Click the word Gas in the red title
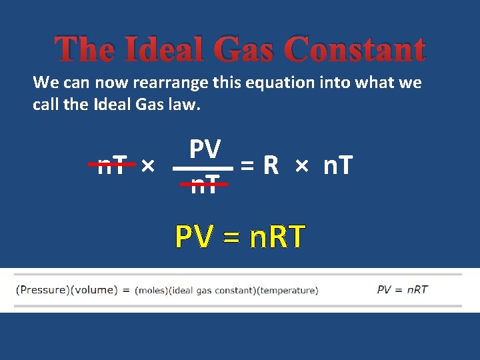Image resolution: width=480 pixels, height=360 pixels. [246, 50]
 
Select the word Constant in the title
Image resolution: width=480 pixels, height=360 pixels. [355, 50]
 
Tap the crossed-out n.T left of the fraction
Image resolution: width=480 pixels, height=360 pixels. [113, 164]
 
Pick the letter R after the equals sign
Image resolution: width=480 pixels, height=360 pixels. [270, 165]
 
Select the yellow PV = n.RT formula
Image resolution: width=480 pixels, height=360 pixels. [240, 236]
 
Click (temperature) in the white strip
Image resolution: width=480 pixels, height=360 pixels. [287, 290]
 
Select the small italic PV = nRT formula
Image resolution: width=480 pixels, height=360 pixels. [402, 289]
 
